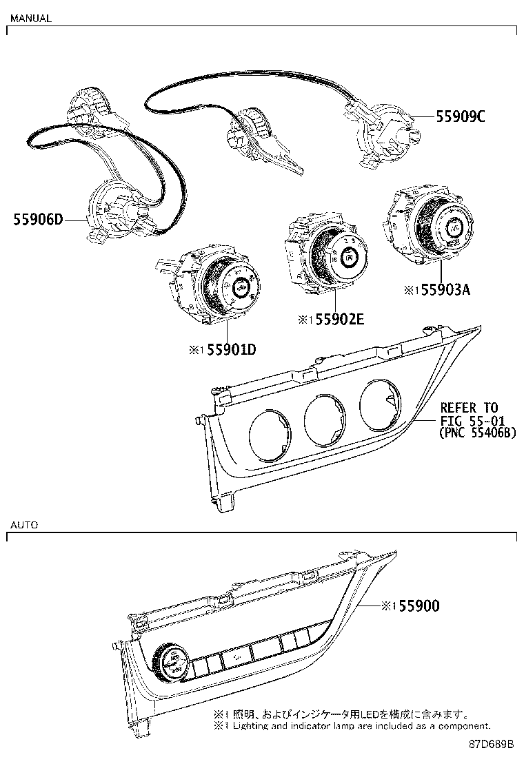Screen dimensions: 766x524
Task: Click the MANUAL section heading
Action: pyautogui.click(x=30, y=19)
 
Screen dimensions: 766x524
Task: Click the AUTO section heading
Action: pyautogui.click(x=23, y=524)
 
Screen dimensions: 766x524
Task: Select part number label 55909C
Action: pyautogui.click(x=460, y=117)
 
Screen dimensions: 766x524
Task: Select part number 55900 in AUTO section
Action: pyautogui.click(x=416, y=605)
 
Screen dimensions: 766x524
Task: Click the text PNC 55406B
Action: pyautogui.click(x=477, y=433)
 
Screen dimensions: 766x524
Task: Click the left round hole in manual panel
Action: pyautogui.click(x=272, y=433)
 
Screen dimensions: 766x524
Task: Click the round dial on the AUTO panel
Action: pyautogui.click(x=170, y=661)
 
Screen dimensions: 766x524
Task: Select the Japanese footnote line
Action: pyautogui.click(x=342, y=715)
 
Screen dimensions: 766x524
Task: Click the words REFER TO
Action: pyautogui.click(x=469, y=408)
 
